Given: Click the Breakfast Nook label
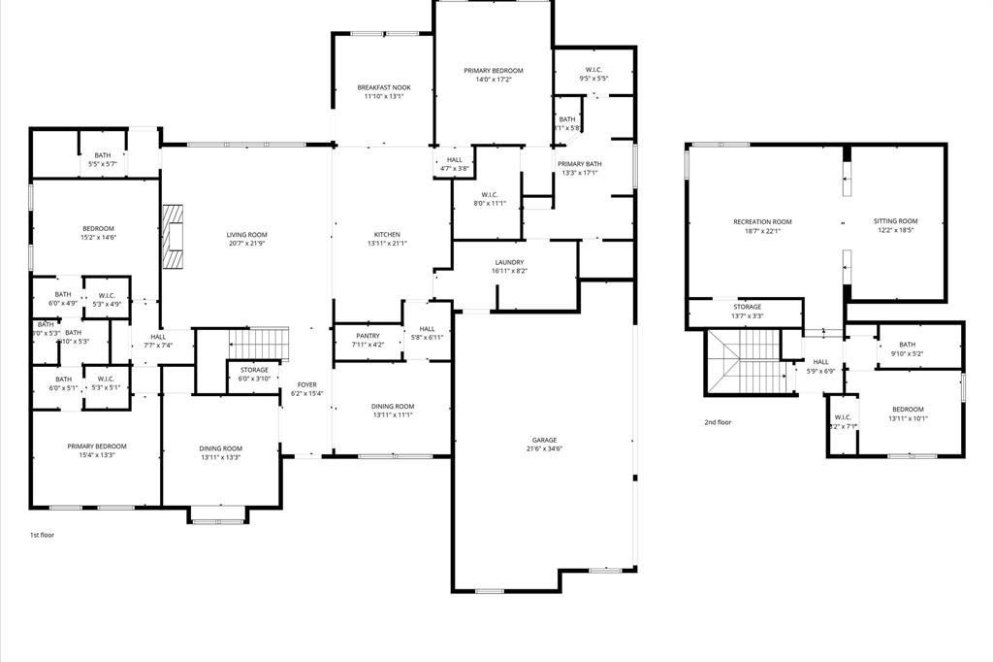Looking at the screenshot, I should pyautogui.click(x=383, y=87).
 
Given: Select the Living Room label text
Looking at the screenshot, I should pyautogui.click(x=246, y=235).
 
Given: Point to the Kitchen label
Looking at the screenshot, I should pyautogui.click(x=387, y=235).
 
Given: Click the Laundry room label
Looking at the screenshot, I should pyautogui.click(x=509, y=263).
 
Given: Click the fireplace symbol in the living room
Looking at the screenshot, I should pyautogui.click(x=173, y=236).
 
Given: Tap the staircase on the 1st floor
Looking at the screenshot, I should pyautogui.click(x=259, y=344).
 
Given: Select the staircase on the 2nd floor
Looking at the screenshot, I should pyautogui.click(x=744, y=361).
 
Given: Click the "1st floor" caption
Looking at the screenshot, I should pyautogui.click(x=43, y=535).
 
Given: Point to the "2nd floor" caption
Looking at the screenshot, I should pyautogui.click(x=718, y=422).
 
